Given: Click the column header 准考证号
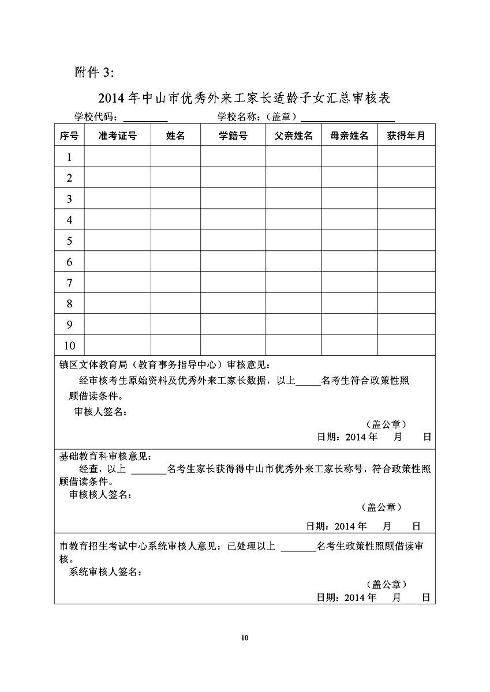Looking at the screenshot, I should pyautogui.click(x=118, y=136).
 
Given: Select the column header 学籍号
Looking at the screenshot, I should pyautogui.click(x=233, y=136).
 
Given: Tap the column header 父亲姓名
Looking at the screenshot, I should pyautogui.click(x=293, y=136).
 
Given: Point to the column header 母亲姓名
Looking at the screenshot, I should pyautogui.click(x=350, y=136).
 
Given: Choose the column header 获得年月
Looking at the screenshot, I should pyautogui.click(x=406, y=136).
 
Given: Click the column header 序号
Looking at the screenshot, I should pyautogui.click(x=69, y=136).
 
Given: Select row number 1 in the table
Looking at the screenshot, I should pyautogui.click(x=69, y=157).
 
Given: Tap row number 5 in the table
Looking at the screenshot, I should pyautogui.click(x=69, y=240).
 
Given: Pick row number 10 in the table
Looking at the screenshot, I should pyautogui.click(x=69, y=345).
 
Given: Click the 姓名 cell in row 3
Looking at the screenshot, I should pyautogui.click(x=175, y=198).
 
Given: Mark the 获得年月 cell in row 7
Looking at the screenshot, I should pyautogui.click(x=406, y=283).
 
